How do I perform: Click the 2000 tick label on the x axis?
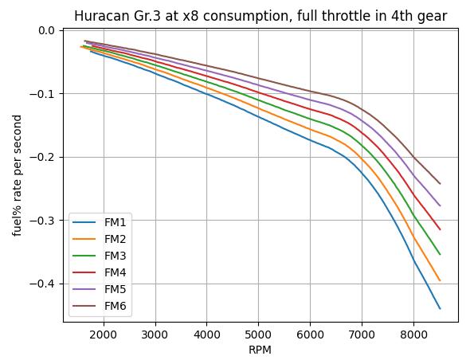(104, 335)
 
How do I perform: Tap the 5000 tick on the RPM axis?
(258, 335)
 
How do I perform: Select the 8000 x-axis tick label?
(413, 335)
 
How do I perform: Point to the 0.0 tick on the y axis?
(46, 30)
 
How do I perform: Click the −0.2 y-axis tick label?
(41, 157)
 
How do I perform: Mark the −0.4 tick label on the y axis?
(41, 284)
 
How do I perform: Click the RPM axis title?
(260, 350)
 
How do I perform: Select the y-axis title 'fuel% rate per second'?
(18, 175)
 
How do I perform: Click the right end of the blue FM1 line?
(440, 308)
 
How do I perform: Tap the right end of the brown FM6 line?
(440, 183)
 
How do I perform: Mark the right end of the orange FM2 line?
(440, 280)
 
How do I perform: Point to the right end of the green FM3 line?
(440, 254)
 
